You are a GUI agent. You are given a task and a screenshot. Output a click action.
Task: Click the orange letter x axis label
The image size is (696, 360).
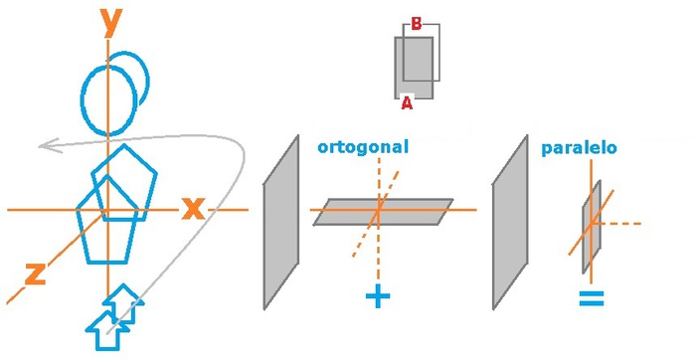(192, 209)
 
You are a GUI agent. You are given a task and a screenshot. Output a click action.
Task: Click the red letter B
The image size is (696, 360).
(416, 24)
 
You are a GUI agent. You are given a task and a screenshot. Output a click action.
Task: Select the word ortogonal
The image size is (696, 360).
(363, 147)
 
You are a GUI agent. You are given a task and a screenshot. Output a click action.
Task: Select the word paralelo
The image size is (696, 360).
(580, 148)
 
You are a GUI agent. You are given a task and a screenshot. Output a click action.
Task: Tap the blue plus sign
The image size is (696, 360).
(377, 295)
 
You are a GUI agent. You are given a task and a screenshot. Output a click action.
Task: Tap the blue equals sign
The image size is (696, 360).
(592, 297)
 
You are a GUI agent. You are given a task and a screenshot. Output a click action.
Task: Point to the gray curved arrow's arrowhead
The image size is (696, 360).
(45, 148)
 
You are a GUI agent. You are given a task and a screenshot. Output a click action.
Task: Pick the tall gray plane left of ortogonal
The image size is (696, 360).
(280, 221)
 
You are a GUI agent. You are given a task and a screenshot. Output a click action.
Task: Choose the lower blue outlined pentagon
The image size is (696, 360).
(106, 226)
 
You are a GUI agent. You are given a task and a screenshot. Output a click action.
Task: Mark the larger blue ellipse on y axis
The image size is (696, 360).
(108, 98)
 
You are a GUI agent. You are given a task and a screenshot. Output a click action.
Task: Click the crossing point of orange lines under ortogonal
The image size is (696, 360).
(377, 210)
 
